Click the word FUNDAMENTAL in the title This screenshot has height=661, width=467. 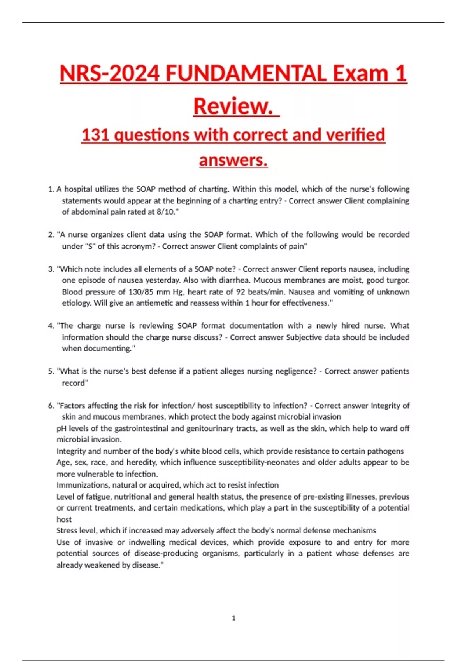(246, 73)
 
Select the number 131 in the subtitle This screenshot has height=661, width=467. (95, 135)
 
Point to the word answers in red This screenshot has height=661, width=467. (233, 160)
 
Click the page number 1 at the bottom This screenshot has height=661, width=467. (233, 618)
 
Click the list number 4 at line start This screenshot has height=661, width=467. (51, 326)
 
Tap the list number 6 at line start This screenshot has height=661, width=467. (51, 406)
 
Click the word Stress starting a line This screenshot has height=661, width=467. (67, 530)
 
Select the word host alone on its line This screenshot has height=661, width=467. (64, 519)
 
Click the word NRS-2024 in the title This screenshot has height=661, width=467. (109, 73)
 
